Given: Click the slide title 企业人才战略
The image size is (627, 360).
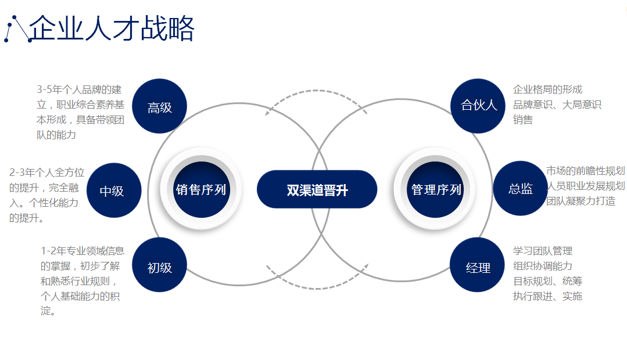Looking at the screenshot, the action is (112, 28).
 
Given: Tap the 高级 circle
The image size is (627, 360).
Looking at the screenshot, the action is (160, 106).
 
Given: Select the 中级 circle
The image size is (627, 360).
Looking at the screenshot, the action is (114, 190).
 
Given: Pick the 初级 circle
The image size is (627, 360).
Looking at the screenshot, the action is (160, 265).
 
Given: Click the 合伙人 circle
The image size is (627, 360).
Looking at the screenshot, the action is (478, 106).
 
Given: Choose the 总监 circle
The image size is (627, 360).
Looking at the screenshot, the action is (521, 188).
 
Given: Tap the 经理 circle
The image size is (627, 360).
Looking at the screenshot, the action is (478, 265).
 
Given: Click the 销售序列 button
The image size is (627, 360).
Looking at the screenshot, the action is (201, 189).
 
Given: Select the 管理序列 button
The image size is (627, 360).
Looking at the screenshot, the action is (436, 189).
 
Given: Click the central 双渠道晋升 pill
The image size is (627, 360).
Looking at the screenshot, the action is (317, 189).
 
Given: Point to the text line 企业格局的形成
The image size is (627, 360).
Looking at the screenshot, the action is (547, 89).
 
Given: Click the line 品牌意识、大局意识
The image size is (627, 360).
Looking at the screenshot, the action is (557, 105).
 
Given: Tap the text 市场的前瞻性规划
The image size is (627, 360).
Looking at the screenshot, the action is (585, 171).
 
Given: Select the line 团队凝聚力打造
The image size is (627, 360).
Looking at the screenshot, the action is (581, 201).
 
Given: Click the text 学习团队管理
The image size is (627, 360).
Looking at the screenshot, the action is (543, 251).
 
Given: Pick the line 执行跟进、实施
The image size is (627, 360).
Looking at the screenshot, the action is (547, 296).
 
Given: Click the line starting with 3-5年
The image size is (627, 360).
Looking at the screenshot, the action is (79, 89).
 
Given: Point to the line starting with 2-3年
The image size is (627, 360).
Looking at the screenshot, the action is (47, 172).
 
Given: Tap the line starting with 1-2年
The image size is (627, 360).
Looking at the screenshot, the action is (83, 251).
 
